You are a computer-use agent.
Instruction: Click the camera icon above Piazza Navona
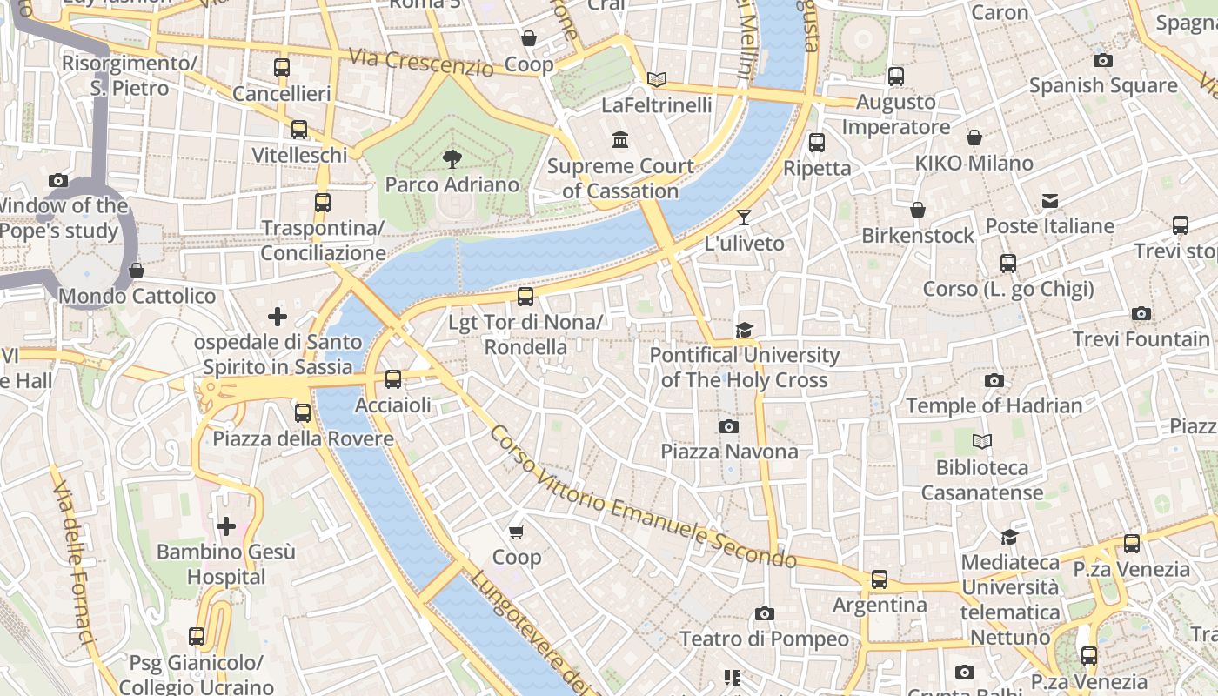tap(729, 426)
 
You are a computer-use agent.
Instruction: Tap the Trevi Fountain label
tap(1141, 338)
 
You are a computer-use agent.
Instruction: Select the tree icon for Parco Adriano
tap(452, 158)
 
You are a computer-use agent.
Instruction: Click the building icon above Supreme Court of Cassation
tap(620, 139)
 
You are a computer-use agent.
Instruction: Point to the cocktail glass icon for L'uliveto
tap(743, 217)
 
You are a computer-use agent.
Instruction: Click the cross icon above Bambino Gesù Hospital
tap(226, 525)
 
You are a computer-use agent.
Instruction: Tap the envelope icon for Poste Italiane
tap(1050, 201)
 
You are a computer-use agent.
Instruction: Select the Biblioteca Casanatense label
tap(981, 480)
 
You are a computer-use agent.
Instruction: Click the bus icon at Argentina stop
tap(880, 579)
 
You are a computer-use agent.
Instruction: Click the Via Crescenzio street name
tap(421, 62)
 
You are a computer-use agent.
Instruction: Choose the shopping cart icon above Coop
tap(517, 531)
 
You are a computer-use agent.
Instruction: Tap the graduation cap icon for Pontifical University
tap(744, 330)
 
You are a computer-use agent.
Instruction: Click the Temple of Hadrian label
tap(994, 405)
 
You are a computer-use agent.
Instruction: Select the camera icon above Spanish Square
tap(1102, 60)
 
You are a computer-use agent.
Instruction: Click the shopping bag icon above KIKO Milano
tap(974, 137)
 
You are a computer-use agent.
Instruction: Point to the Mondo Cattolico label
tap(137, 296)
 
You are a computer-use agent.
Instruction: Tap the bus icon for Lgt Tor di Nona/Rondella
tap(525, 297)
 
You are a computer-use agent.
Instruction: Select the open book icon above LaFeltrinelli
tap(657, 80)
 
